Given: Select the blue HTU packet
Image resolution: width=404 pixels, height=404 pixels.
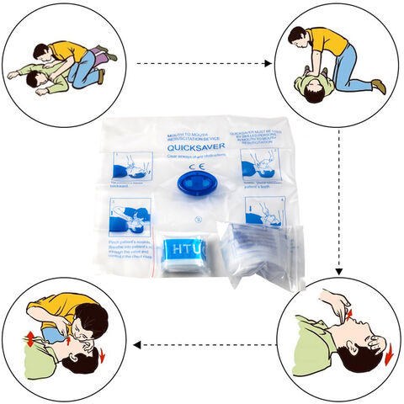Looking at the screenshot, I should [x=183, y=254].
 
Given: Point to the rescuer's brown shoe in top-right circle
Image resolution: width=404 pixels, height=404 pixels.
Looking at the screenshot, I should [x=380, y=86].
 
